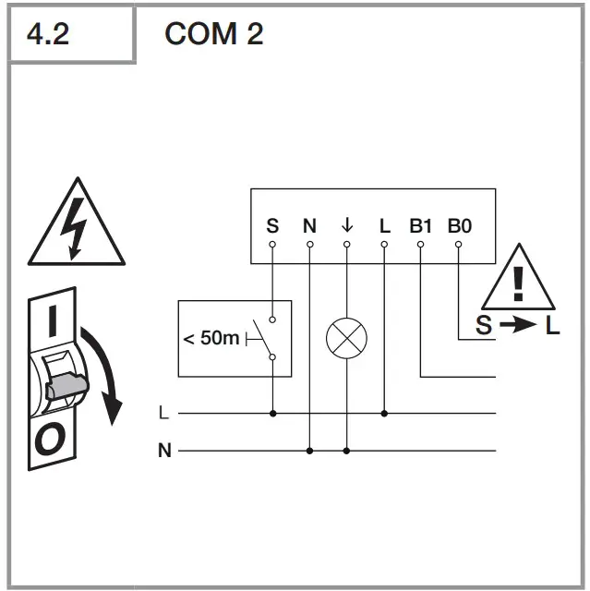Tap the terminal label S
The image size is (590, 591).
(x=271, y=225)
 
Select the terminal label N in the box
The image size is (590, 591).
(x=309, y=225)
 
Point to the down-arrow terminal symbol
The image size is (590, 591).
(x=347, y=225)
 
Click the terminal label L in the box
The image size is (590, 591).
(x=384, y=225)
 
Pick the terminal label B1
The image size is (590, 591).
(x=421, y=225)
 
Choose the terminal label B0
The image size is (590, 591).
(x=459, y=225)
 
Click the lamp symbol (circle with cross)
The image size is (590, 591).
(x=346, y=339)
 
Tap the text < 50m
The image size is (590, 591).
(x=211, y=339)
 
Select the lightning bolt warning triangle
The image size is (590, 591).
(x=77, y=227)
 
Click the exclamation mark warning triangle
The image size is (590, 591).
(x=518, y=280)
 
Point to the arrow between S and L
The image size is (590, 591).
(x=518, y=326)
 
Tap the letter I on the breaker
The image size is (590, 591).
(x=53, y=322)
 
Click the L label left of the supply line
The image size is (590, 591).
(x=164, y=414)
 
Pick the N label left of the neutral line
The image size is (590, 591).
(x=164, y=451)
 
